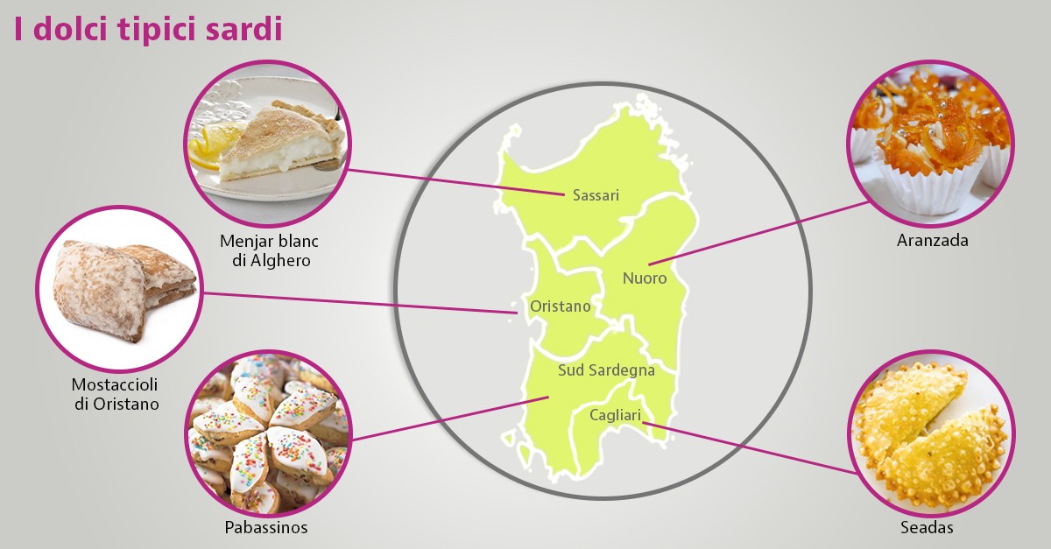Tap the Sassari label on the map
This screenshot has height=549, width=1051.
pos(596,195)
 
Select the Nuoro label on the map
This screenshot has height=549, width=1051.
pos(645,278)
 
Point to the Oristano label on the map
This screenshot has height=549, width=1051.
pos(561,306)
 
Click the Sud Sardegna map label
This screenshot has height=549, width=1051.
pos(606,370)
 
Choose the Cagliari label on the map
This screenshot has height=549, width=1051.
pos(616,414)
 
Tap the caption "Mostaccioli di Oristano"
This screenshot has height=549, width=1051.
pos(116,394)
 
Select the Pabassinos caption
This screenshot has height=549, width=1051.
pos(266,528)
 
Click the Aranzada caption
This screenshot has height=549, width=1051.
pos(933,240)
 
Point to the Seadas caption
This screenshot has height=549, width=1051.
pos(927,528)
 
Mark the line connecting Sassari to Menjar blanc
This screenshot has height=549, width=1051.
pos(455,180)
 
